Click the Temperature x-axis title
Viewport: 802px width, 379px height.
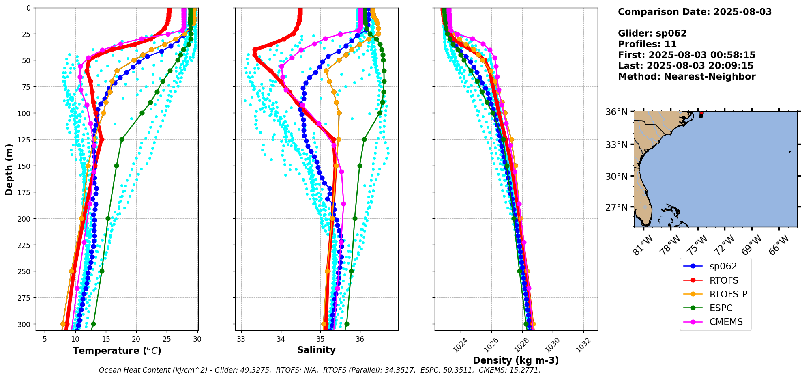117,351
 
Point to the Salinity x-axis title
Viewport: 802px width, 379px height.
316,350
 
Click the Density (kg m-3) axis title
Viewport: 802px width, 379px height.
516,360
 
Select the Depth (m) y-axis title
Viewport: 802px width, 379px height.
9,169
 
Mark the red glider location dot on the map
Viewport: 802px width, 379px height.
701,113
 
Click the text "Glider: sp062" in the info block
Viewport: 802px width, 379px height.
652,34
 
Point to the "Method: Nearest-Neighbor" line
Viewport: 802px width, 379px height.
686,77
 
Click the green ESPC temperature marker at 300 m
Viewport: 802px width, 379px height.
93,324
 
